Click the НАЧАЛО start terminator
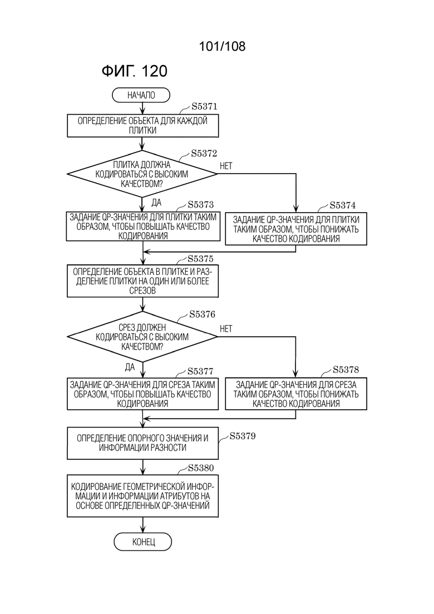(141, 95)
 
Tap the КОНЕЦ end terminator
(143, 542)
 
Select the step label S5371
(204, 106)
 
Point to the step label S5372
(204, 154)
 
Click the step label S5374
(342, 205)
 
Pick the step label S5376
(202, 315)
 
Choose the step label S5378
(346, 370)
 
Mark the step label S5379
(242, 436)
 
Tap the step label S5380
(201, 468)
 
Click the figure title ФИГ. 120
(134, 71)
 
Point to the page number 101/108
(222, 46)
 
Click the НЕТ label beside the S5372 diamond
(226, 166)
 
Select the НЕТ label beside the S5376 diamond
(226, 329)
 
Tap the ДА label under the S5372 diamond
(156, 203)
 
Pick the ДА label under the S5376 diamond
(130, 367)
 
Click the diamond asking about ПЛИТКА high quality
(142, 174)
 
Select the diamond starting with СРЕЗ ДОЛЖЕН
(142, 337)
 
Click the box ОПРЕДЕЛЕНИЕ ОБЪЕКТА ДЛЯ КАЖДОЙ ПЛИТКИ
(142, 126)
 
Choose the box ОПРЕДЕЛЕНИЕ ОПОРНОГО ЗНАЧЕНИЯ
(142, 443)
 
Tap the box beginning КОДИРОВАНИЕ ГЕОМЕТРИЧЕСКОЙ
(142, 496)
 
